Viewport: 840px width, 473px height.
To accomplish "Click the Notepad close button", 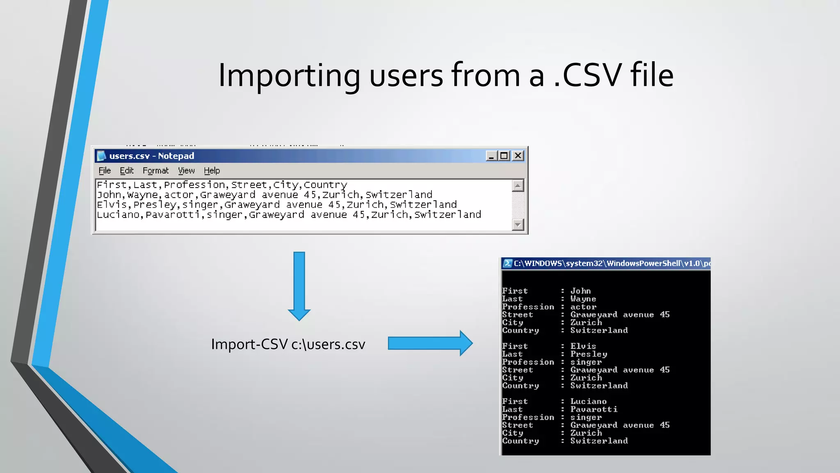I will pyautogui.click(x=518, y=156).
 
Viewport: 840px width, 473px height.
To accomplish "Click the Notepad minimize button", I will pyautogui.click(x=491, y=156).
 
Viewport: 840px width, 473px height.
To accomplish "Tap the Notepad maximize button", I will pyautogui.click(x=504, y=156).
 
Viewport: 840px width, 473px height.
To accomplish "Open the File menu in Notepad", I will pyautogui.click(x=105, y=170).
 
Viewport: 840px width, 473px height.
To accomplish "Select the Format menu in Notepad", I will pyautogui.click(x=155, y=170).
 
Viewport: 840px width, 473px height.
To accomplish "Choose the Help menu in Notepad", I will pyautogui.click(x=212, y=170).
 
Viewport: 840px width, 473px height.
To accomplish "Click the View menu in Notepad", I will pyautogui.click(x=186, y=170).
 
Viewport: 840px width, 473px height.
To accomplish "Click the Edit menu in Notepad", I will pyautogui.click(x=127, y=170).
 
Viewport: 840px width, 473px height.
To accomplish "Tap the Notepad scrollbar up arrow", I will pyautogui.click(x=518, y=186).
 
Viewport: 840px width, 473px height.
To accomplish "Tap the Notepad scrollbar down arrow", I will pyautogui.click(x=518, y=225).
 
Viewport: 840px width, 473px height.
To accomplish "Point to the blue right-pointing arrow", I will pyautogui.click(x=430, y=343).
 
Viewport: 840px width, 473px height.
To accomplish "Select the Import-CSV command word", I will pyautogui.click(x=249, y=344).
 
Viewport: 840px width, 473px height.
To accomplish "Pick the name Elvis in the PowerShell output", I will pyautogui.click(x=583, y=346).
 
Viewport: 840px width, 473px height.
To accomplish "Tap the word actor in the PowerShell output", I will pyautogui.click(x=583, y=307).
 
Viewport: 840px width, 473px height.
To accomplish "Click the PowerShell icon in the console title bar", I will pyautogui.click(x=507, y=263).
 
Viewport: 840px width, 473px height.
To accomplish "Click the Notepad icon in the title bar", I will pyautogui.click(x=101, y=156).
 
